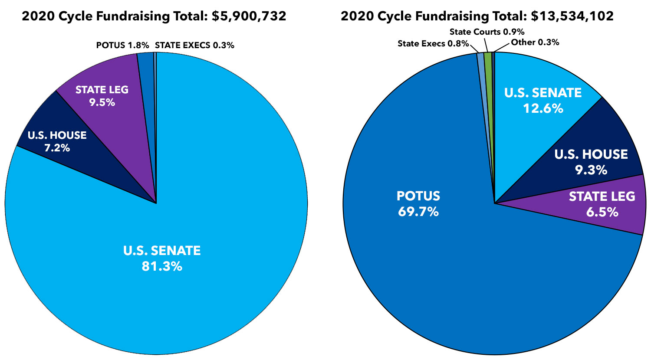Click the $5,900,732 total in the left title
249,16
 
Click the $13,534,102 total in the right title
572,16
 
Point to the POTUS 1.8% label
122,45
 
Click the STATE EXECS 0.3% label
194,45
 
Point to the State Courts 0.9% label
487,32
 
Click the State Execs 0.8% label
433,43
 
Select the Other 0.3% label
535,42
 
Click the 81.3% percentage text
162,266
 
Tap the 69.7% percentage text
418,212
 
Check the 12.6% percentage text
543,108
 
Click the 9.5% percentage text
102,102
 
